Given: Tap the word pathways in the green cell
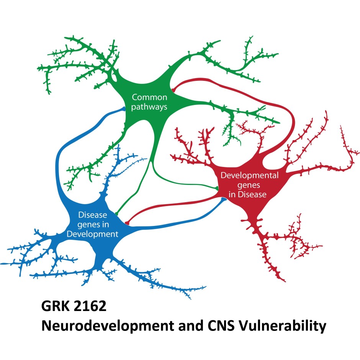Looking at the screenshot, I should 149,107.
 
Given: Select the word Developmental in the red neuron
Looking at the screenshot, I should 244,177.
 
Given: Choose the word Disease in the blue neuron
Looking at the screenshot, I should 92,215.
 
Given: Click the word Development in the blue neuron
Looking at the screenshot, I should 92,234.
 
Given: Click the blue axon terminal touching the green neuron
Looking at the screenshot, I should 123,109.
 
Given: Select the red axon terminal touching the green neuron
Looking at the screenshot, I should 173,90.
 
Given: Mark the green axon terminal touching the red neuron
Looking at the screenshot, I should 217,188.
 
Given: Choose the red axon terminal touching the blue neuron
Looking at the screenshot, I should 127,222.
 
